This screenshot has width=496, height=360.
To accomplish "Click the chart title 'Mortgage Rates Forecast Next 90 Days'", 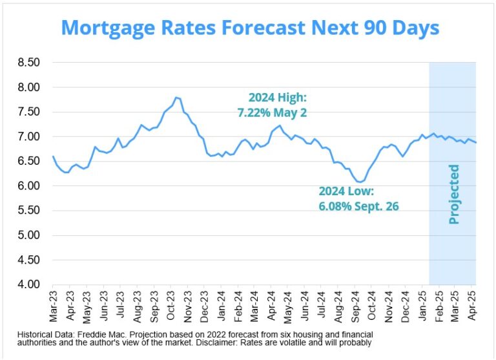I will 249,28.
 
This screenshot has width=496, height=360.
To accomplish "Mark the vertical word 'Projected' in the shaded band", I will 454,194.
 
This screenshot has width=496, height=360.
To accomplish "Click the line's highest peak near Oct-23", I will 175,98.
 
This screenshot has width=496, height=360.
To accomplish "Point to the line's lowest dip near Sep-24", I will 360,182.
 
